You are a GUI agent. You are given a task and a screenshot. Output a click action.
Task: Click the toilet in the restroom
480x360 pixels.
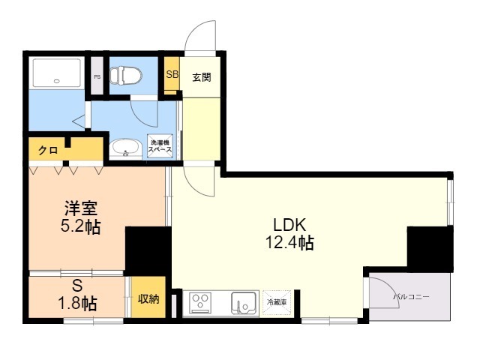[126, 76]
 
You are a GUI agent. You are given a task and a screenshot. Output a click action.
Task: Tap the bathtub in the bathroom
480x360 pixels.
[57, 73]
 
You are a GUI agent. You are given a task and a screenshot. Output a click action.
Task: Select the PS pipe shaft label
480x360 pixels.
[97, 76]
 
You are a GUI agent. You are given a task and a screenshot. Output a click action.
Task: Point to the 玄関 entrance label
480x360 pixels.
[202, 77]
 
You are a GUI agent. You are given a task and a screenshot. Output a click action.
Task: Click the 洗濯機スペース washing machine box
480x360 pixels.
[160, 146]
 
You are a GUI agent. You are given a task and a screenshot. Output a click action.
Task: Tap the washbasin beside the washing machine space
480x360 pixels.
[125, 148]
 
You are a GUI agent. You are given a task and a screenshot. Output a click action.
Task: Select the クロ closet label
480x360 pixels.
[48, 150]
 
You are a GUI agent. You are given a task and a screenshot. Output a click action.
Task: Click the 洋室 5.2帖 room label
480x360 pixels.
[81, 217]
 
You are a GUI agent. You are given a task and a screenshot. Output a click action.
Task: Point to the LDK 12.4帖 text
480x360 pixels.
[289, 234]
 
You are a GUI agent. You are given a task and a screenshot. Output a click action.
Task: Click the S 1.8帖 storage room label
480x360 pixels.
[77, 295]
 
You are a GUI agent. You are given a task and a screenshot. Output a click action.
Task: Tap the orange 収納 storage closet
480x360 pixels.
[148, 297]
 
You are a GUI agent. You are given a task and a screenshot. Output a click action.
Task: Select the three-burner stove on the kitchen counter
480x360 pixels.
[200, 303]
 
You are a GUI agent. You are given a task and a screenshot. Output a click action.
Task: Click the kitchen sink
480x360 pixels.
[243, 303]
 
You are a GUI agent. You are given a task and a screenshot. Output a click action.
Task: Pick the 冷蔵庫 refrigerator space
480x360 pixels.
[277, 302]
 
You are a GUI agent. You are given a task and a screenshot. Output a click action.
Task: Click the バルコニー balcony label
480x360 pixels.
[411, 297]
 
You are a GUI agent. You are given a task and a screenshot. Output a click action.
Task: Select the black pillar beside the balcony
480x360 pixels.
[430, 249]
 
